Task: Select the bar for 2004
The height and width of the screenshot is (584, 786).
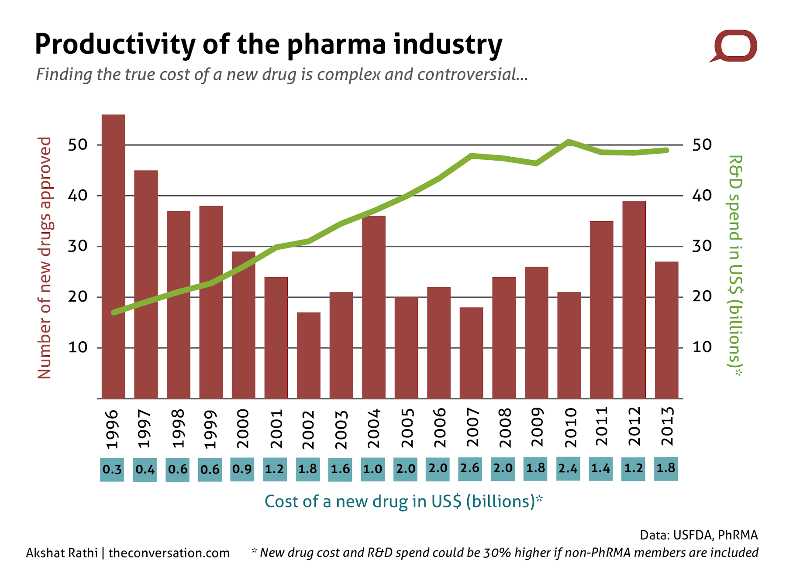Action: [373, 307]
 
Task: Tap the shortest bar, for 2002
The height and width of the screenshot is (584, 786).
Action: [308, 355]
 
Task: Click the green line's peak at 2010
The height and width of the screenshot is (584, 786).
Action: [569, 142]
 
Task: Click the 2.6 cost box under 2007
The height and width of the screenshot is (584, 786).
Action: [470, 468]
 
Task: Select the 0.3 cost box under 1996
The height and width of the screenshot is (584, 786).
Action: [112, 470]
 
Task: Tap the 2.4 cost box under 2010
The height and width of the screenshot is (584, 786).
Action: [568, 468]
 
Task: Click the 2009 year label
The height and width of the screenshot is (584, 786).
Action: [537, 427]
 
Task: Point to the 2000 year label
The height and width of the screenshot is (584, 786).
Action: [242, 428]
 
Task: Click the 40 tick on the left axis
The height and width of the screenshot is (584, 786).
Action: [77, 196]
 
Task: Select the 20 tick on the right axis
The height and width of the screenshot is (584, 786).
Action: [702, 297]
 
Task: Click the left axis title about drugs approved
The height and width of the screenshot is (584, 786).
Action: [45, 258]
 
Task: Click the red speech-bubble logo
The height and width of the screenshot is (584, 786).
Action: [734, 46]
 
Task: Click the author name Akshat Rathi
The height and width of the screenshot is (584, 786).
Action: [62, 553]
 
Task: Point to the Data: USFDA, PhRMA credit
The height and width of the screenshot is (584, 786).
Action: [698, 535]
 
